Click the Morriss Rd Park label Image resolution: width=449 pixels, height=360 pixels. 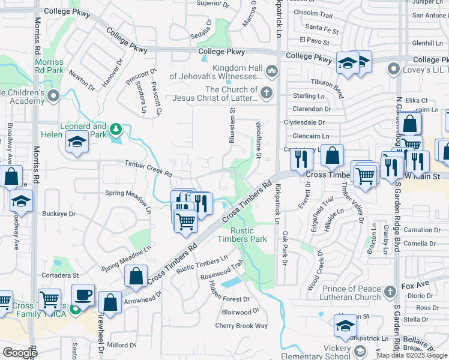(49, 66)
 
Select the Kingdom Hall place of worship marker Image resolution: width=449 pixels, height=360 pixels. (271, 72)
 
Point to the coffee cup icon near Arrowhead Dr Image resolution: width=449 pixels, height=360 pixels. (83, 295)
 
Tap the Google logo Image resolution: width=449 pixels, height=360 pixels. (20, 353)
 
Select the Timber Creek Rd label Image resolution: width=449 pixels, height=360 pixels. (148, 168)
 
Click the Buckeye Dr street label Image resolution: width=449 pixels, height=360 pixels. (59, 214)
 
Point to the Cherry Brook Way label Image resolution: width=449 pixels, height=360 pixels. (241, 326)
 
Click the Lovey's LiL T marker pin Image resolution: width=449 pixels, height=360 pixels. (394, 69)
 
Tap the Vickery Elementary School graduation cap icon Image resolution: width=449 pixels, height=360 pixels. (345, 326)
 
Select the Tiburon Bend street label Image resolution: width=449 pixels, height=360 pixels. (327, 88)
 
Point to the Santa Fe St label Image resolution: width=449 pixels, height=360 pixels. (323, 27)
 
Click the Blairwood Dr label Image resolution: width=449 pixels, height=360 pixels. (240, 312)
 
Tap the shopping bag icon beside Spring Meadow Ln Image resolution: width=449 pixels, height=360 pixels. (137, 277)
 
